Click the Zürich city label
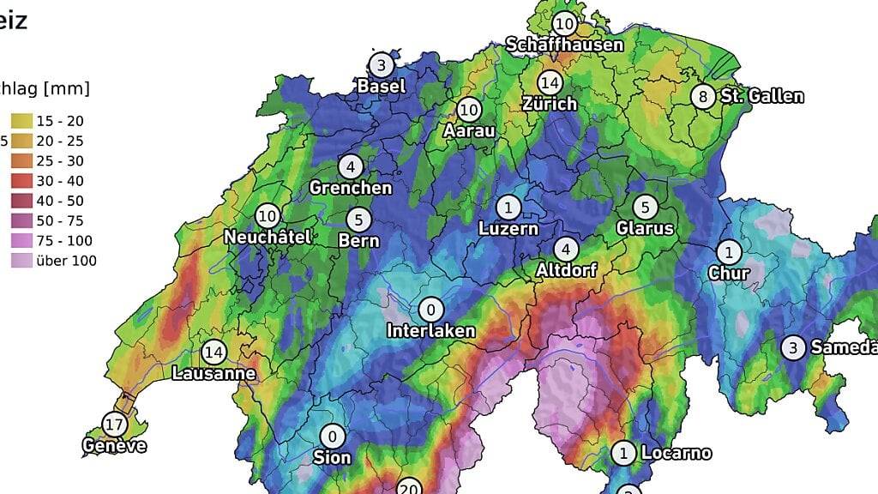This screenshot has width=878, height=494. coord(550,104)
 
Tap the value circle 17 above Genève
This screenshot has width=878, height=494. coord(114,424)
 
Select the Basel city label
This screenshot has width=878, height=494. coord(382,86)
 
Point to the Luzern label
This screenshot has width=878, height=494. coord(508,228)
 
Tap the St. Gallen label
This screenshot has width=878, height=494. coord(762,96)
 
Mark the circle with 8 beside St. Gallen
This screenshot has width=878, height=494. coord(704,96)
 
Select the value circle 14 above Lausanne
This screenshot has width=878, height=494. coord(213,352)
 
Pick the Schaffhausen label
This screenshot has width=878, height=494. coord(563,44)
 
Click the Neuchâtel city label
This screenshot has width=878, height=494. coord(268,237)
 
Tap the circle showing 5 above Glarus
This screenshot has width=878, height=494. coord(645,208)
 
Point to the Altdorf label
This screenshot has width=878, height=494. coord(566,270)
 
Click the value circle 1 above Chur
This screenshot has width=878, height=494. coord(729,252)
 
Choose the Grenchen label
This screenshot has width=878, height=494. coord(350,187)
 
